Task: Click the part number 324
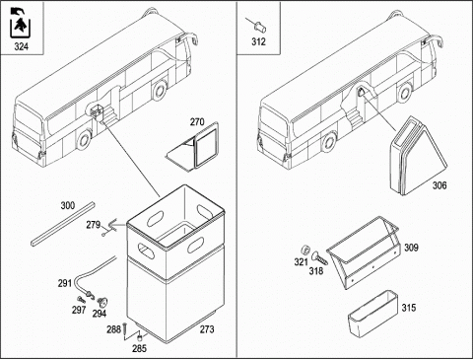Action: (21, 46)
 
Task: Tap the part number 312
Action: (258, 41)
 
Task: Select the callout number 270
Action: (197, 122)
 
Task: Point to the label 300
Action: (68, 206)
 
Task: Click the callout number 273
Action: (207, 329)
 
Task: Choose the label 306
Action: (439, 185)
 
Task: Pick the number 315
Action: (409, 308)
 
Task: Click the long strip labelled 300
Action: (63, 224)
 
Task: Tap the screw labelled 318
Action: (319, 258)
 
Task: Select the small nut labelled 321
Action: (305, 249)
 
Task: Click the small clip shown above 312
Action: (260, 27)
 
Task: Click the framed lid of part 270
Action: (207, 145)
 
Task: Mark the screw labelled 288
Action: (125, 331)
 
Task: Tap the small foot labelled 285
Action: (140, 336)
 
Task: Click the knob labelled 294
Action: (102, 301)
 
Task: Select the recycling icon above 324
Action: (21, 23)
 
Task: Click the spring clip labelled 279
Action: (112, 226)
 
